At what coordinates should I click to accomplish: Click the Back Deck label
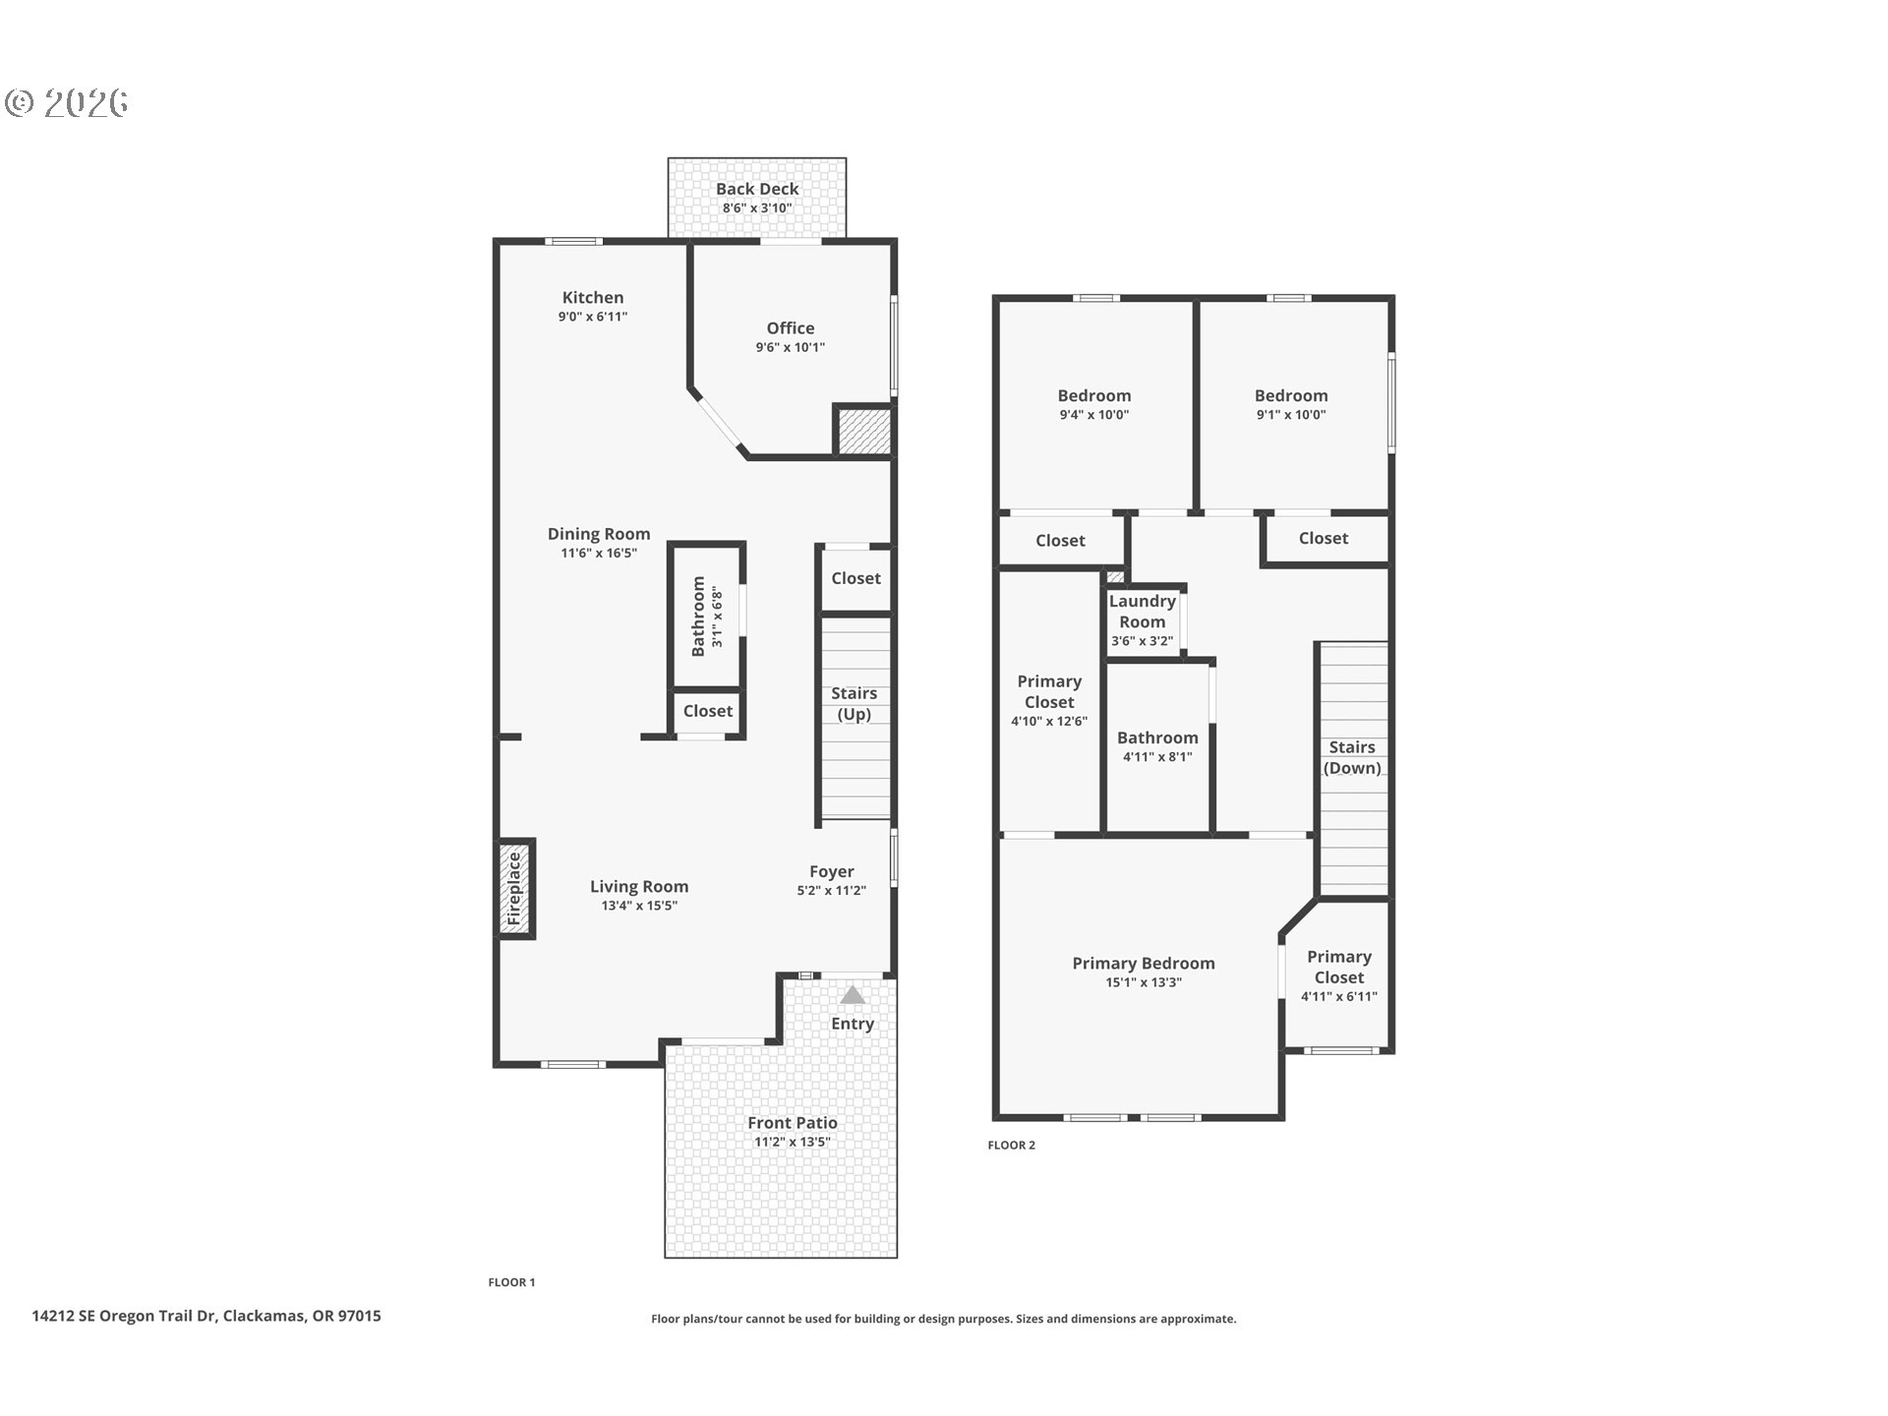pos(756,189)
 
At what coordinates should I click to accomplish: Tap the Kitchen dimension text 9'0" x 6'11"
pos(592,317)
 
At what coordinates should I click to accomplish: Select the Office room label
pos(790,328)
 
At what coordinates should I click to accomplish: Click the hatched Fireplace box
pos(514,890)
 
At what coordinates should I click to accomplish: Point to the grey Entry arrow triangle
pos(852,995)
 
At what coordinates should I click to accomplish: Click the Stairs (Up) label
pos(854,704)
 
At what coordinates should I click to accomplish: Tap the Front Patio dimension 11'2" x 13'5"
pos(792,1143)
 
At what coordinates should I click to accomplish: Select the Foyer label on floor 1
pos(831,871)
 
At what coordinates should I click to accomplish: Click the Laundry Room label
pos(1142,612)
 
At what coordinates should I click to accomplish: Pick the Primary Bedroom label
pos(1143,964)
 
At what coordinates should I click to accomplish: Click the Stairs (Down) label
pos(1351,758)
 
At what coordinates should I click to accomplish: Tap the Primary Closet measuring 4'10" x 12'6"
pos(1048,700)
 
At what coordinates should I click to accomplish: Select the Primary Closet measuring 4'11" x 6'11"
pos(1338,975)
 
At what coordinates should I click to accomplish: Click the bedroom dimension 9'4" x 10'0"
pos(1093,415)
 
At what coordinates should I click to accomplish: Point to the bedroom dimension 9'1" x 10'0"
pos(1290,415)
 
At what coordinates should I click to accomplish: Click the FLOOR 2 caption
pos(1011,1145)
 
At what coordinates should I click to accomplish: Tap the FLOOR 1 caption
pos(511,1282)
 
